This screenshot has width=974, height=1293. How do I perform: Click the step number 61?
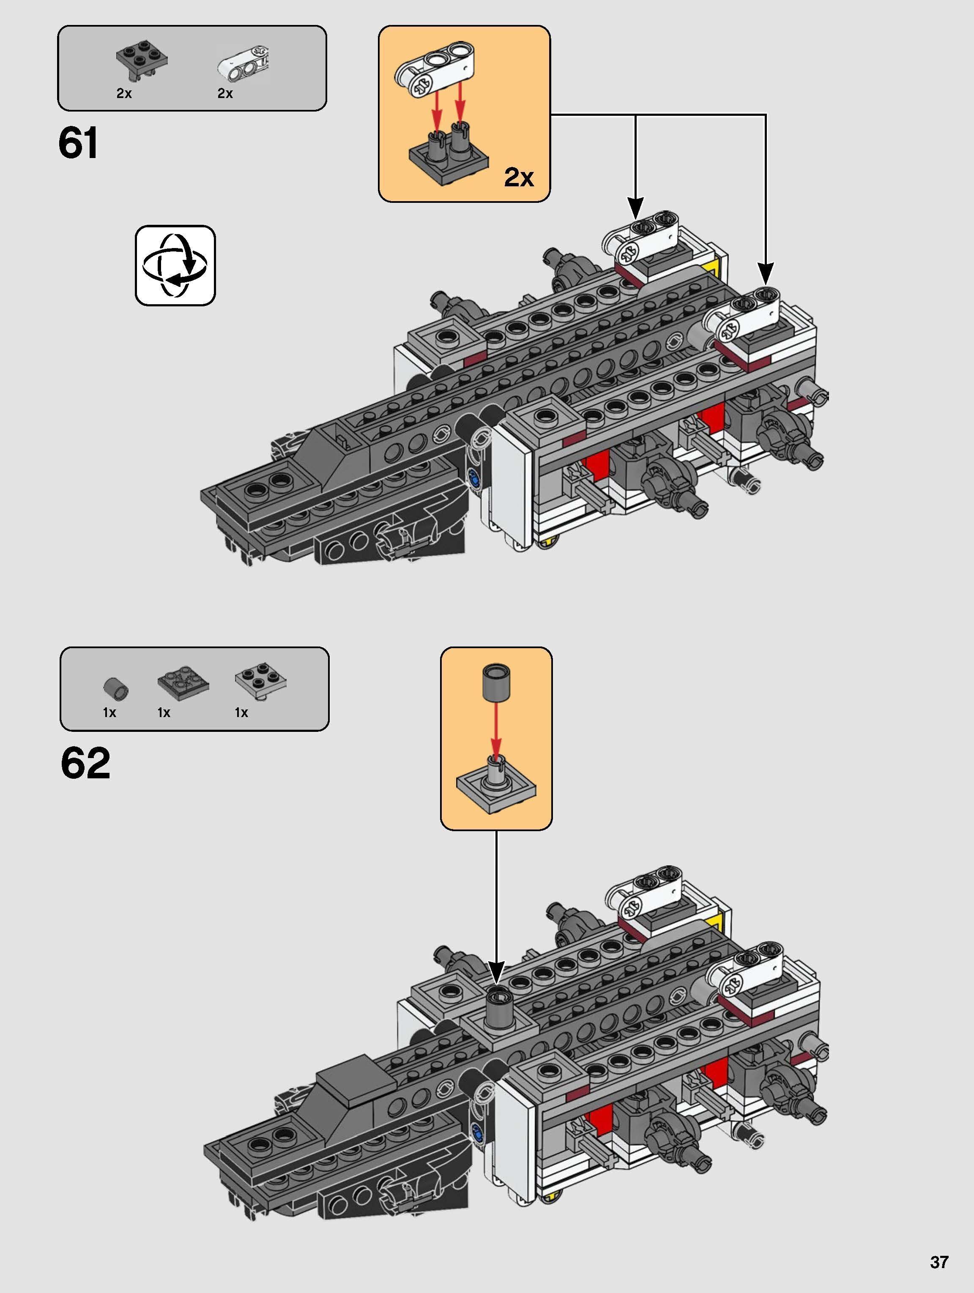(x=78, y=143)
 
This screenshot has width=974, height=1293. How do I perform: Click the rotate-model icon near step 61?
(x=175, y=265)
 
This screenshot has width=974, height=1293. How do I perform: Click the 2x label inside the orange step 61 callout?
(x=519, y=177)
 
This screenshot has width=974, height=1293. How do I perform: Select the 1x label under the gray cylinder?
(x=109, y=712)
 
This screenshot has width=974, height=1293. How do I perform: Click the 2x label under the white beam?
(x=225, y=93)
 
